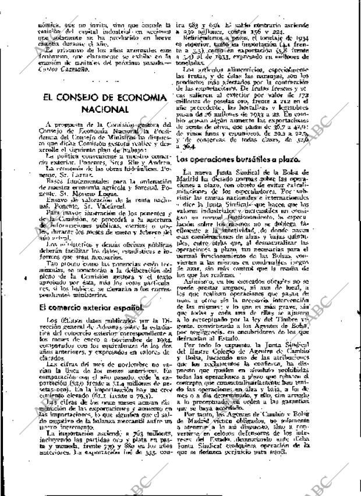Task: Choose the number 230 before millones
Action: [199, 31]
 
